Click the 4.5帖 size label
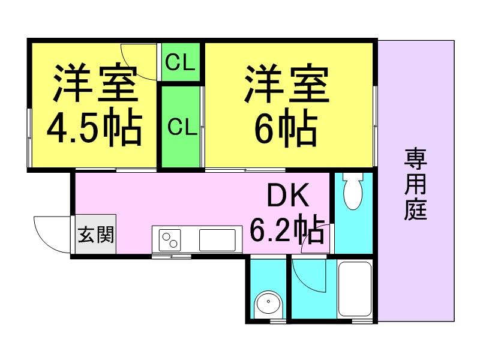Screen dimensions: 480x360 tap(95, 127)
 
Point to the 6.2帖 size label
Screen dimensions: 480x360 tap(287, 229)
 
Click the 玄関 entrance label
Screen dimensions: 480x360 tap(96, 235)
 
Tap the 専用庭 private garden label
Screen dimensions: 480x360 tap(415, 184)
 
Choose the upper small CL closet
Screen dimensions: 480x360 tap(181, 62)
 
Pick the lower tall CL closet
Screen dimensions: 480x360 tap(181, 127)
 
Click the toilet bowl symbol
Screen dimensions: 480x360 tap(353, 191)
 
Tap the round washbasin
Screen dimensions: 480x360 tap(268, 302)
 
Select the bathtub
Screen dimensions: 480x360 tap(355, 289)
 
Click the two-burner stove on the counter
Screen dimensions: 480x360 tap(170, 240)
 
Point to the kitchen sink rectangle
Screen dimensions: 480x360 tap(217, 240)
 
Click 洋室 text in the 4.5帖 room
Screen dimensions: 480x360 tap(95, 83)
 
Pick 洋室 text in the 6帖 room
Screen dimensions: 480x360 tap(286, 83)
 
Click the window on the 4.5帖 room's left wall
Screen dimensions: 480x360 tap(29, 138)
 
